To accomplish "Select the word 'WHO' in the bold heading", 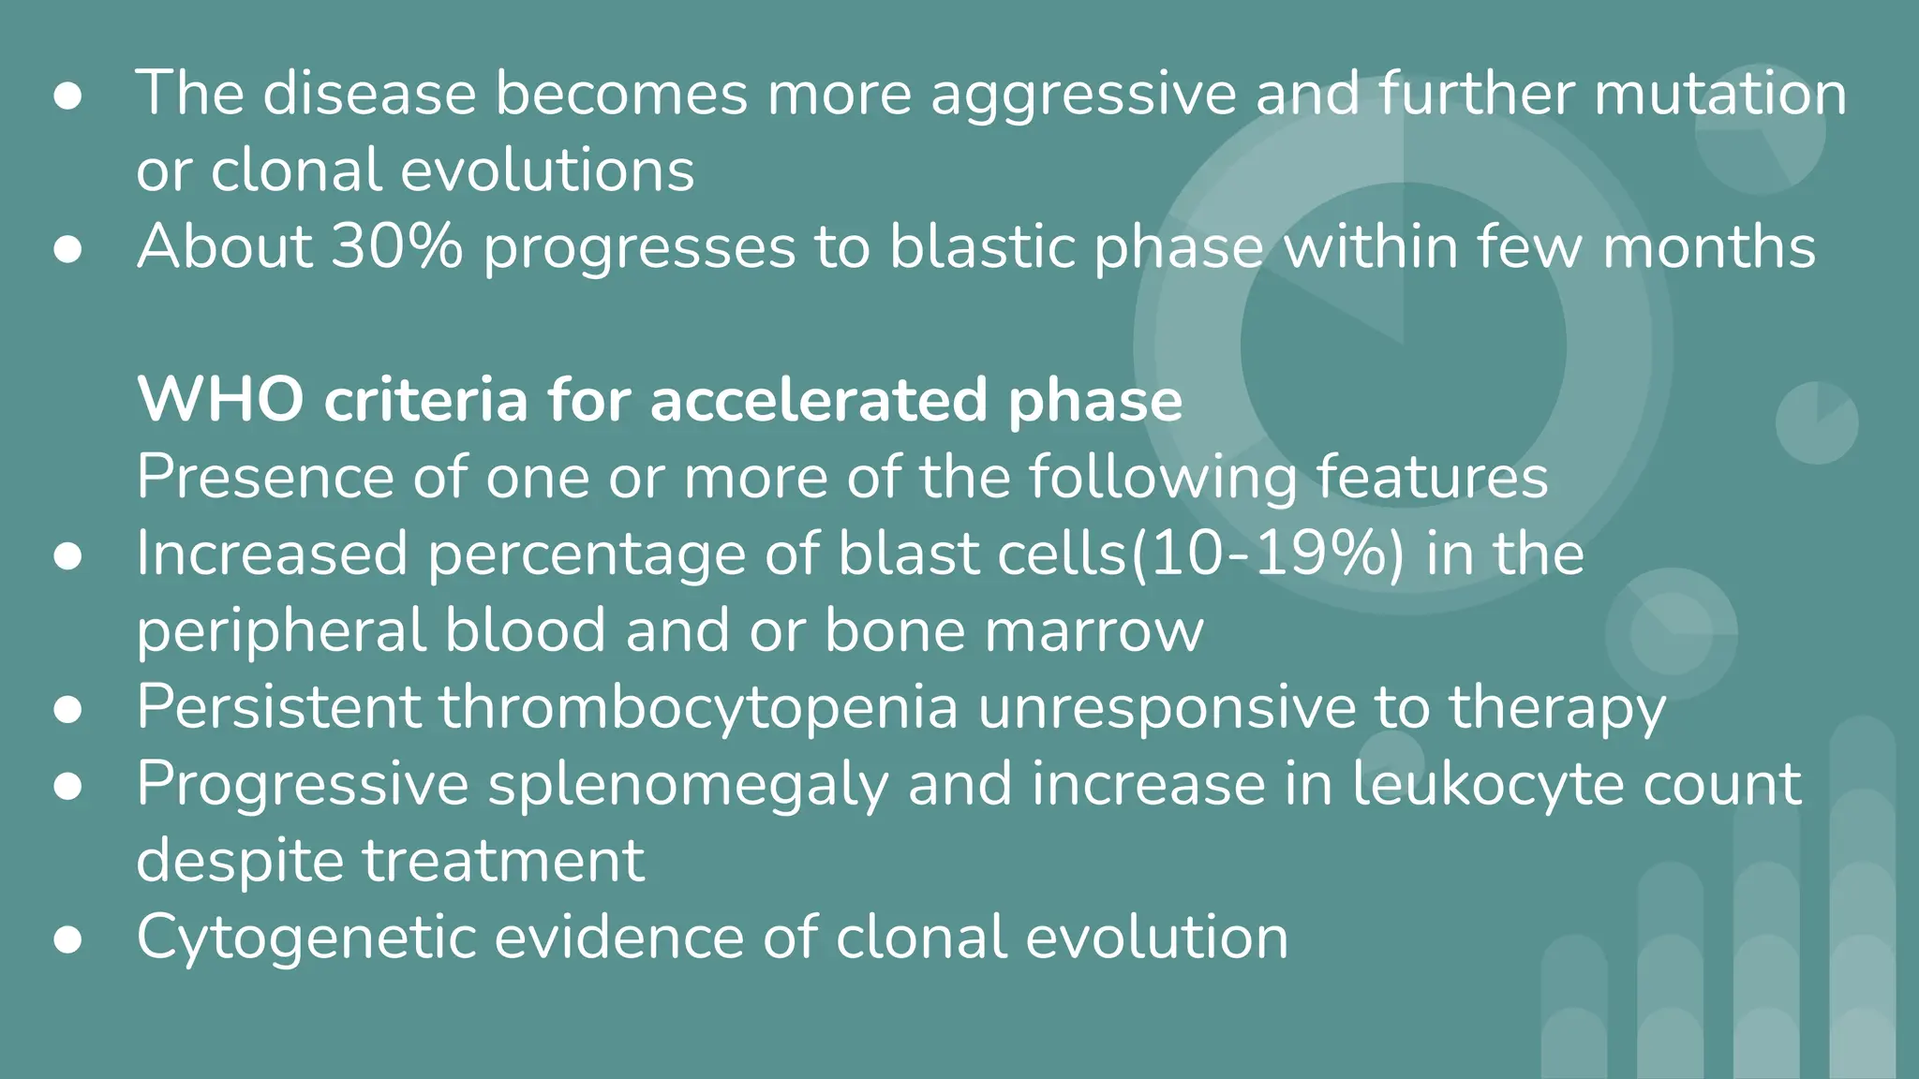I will pos(220,400).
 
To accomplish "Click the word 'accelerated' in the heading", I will pos(818,400).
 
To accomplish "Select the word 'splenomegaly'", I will pos(688,785).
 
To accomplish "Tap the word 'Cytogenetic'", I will pos(305,937).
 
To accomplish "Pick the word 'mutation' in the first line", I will pos(1720,94).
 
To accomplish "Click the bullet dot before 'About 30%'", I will pos(67,249).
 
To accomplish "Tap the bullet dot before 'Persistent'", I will pos(67,709).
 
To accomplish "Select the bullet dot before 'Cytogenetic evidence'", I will pos(67,939).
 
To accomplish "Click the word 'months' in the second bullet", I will pos(1709,247).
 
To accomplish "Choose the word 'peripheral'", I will pos(280,631).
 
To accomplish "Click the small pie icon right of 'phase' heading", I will pos(1816,422).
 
